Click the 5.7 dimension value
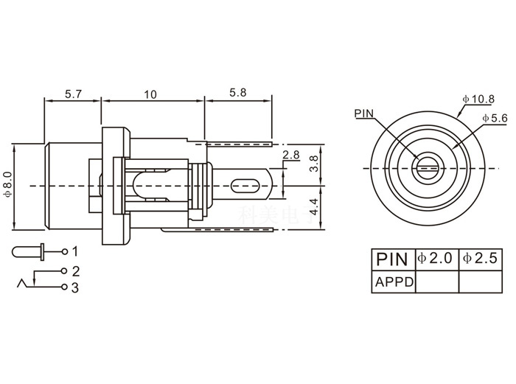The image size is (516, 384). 72,94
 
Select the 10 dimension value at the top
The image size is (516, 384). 150,94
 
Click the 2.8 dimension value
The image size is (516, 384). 290,155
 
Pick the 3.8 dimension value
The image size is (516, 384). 315,164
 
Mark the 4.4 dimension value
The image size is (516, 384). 315,207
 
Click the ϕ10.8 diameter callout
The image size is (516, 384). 478,99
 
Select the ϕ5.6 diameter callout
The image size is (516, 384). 494,118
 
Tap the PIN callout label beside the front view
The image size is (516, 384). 364,114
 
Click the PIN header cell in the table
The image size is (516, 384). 392,259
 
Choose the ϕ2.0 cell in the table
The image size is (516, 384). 436,259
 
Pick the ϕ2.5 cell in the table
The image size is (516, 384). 481,259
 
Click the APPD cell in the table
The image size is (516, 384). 394,281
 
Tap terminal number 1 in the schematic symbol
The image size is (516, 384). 74,251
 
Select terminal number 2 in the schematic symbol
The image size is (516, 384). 74,270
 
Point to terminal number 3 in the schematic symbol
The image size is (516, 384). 74,287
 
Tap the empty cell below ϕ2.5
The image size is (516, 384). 481,281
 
